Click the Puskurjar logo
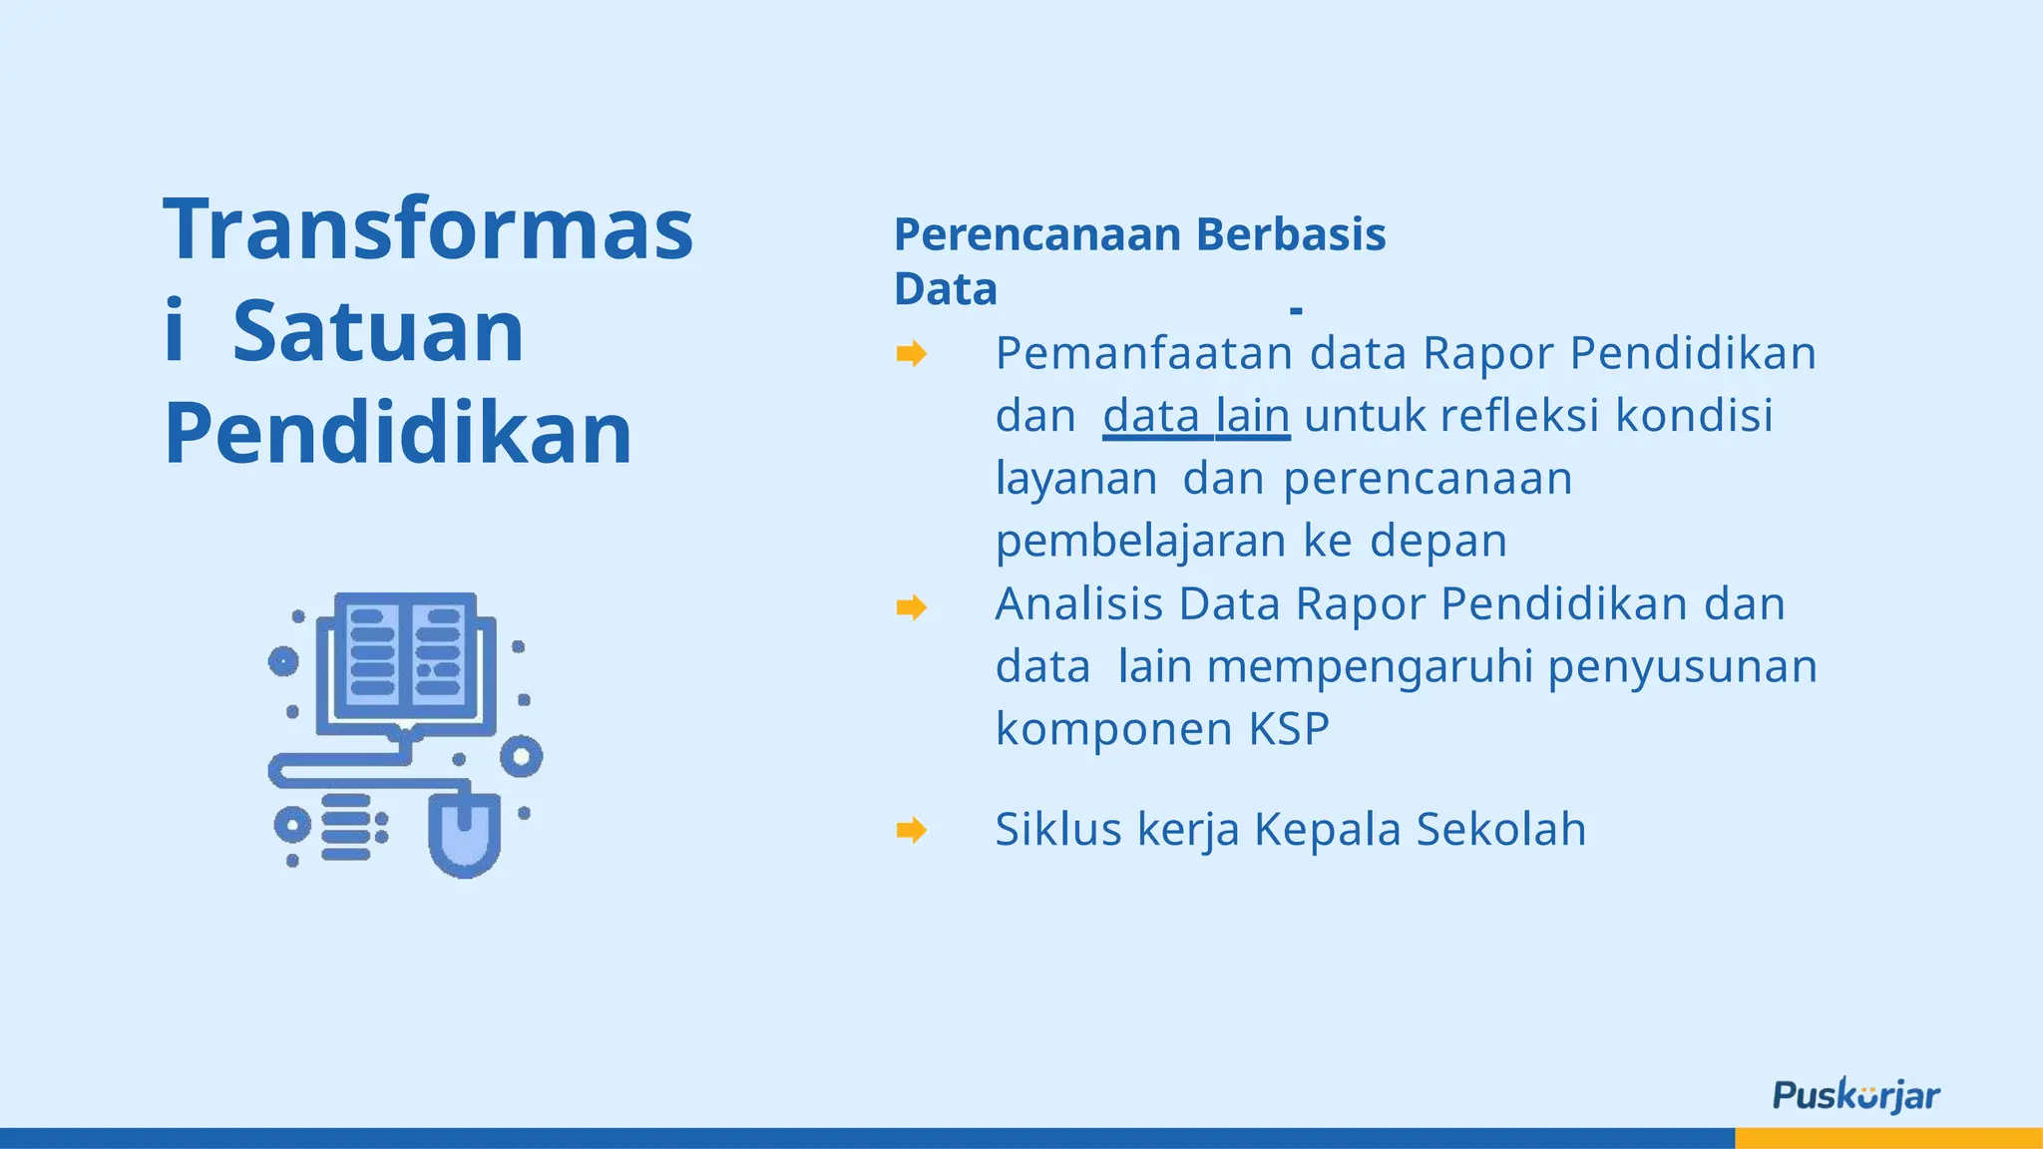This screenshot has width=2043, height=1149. coord(1855,1095)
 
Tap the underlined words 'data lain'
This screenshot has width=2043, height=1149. coord(1196,416)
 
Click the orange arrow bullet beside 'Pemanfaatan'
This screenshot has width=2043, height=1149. coord(911,353)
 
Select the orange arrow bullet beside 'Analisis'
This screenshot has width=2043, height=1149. coord(911,606)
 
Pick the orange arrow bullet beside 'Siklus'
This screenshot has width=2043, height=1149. coord(911,829)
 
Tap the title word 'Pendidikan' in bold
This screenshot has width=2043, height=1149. coord(398,433)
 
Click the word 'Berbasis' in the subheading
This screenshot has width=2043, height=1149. coord(1291,235)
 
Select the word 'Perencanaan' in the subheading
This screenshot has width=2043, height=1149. coord(1037,235)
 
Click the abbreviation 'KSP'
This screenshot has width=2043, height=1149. coord(1289,729)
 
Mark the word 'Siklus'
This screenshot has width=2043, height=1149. coord(1058,829)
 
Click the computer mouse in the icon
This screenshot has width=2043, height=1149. coord(465,833)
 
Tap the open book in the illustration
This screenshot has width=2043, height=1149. coord(405,654)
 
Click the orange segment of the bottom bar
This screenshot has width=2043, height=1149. coord(1888,1138)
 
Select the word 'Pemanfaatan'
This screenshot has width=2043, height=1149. coord(1144,353)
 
